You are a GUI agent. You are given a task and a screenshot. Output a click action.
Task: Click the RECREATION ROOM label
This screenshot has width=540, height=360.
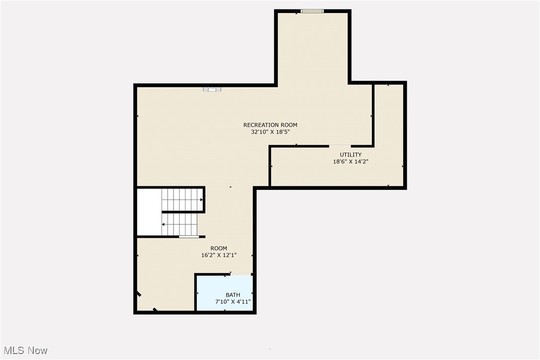[270, 125]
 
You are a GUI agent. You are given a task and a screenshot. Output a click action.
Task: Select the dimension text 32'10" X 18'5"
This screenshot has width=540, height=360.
[270, 132]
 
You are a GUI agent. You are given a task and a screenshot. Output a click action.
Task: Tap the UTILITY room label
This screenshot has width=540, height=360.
[351, 155]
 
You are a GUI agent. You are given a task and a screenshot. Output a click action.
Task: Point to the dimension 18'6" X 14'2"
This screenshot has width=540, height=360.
[351, 162]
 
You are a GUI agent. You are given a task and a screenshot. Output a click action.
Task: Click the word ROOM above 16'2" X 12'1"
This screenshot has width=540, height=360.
[219, 248]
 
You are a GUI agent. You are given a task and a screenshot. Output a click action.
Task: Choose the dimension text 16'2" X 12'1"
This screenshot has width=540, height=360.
[219, 255]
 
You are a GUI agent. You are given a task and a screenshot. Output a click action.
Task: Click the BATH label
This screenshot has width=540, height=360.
[233, 295]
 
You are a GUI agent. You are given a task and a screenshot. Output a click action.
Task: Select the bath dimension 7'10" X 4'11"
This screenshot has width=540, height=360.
[233, 302]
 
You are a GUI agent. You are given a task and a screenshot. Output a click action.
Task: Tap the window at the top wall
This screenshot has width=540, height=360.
[312, 10]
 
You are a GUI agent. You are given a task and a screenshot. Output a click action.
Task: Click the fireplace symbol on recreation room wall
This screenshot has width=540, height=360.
[212, 89]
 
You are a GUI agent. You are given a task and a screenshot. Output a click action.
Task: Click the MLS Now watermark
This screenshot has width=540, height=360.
[24, 351]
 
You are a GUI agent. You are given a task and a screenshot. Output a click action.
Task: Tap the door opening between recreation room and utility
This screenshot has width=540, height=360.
[340, 146]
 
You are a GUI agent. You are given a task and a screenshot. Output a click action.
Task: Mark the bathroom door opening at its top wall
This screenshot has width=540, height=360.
[241, 274]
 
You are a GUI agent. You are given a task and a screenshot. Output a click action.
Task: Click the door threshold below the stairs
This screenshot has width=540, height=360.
[189, 237]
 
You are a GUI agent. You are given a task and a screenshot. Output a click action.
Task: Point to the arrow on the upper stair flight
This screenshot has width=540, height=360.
[201, 200]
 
